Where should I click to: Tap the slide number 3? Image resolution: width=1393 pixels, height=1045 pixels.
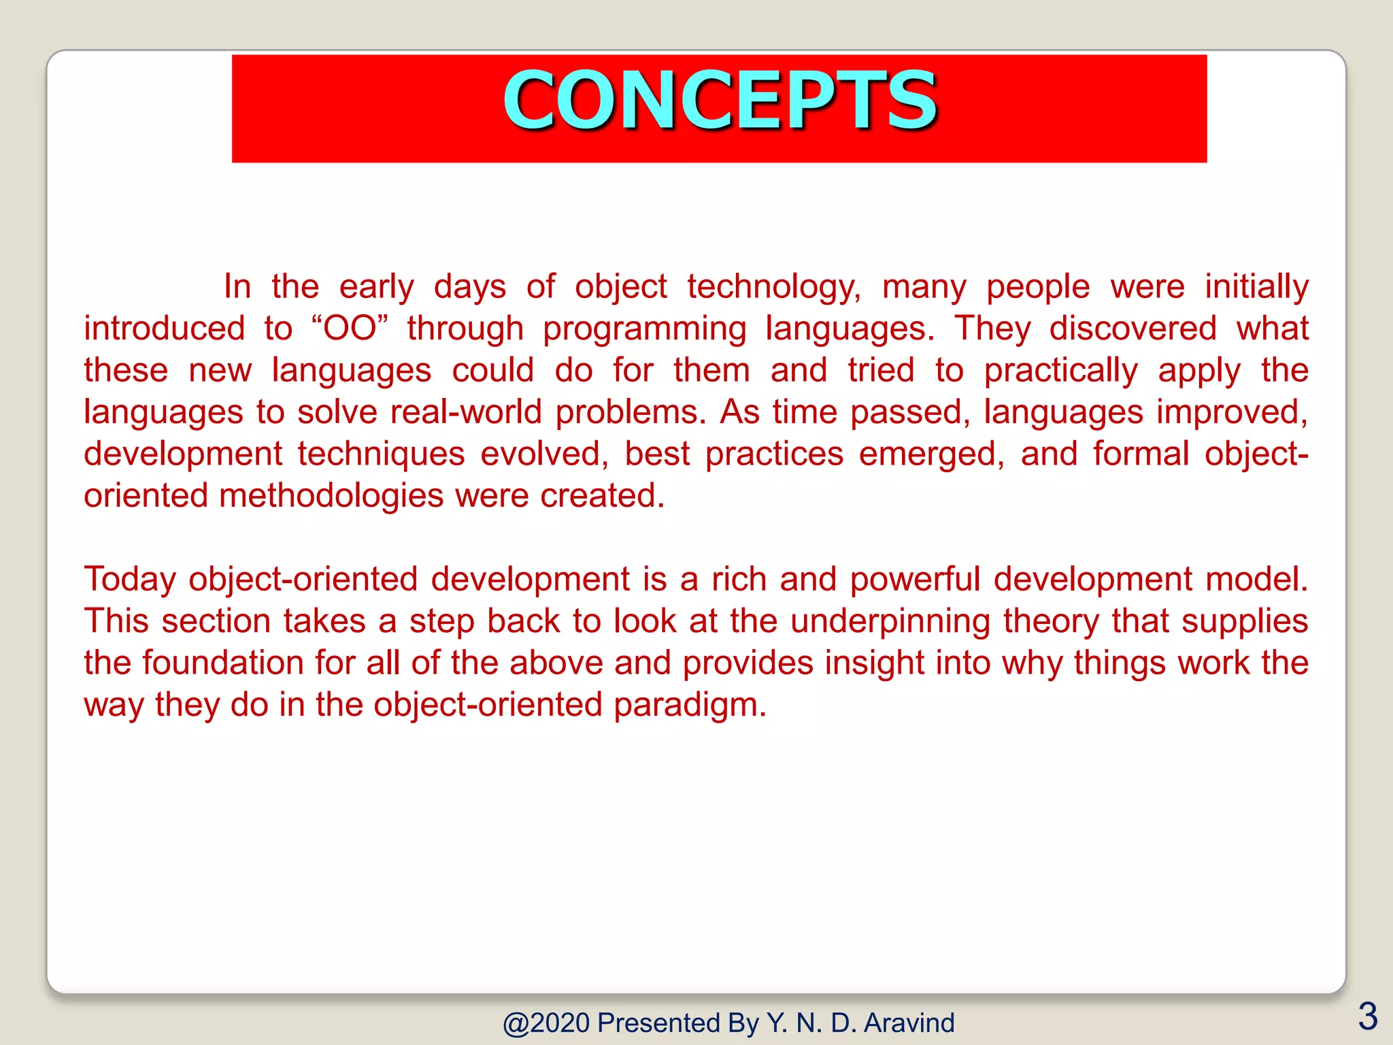click(x=1367, y=1016)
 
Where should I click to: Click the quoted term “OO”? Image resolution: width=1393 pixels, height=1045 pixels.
click(x=350, y=329)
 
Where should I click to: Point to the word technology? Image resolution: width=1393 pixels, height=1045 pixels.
click(x=773, y=286)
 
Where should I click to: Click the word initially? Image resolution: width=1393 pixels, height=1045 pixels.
click(x=1256, y=286)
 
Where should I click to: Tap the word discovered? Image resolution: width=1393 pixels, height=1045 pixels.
click(x=1132, y=329)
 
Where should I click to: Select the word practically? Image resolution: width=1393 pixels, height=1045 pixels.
click(x=1060, y=371)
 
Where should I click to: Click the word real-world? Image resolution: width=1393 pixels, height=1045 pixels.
click(x=466, y=412)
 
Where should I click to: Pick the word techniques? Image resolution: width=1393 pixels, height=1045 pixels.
click(x=381, y=454)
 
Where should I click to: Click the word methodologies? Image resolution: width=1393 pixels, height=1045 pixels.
click(x=331, y=496)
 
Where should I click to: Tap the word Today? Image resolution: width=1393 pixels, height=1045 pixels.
click(x=130, y=580)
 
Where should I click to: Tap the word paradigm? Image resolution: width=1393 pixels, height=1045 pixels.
click(x=690, y=705)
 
